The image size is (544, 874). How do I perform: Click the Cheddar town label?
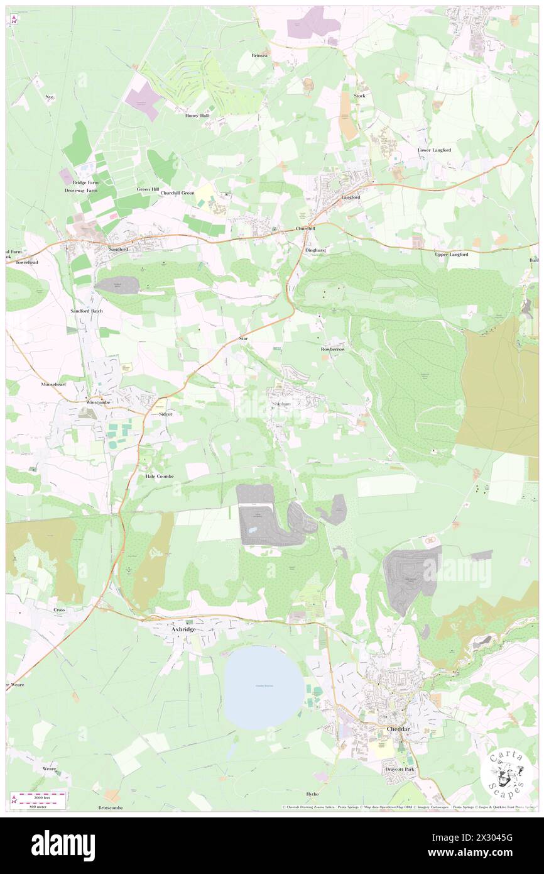(x=397, y=729)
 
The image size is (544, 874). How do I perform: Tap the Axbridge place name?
(x=177, y=628)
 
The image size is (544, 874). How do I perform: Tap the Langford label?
(x=351, y=197)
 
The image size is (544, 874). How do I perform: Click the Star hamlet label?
(x=245, y=339)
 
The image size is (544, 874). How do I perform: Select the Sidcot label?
(x=166, y=414)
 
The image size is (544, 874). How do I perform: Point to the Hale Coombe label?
(x=159, y=476)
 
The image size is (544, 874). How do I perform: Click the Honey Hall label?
(x=196, y=116)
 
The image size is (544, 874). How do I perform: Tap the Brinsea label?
(x=259, y=55)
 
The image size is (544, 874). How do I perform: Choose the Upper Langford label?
(x=451, y=254)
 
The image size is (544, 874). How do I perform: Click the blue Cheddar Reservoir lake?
(x=264, y=689)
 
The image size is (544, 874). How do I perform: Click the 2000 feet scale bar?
(x=40, y=797)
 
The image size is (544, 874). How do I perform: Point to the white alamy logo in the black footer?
(x=63, y=846)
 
